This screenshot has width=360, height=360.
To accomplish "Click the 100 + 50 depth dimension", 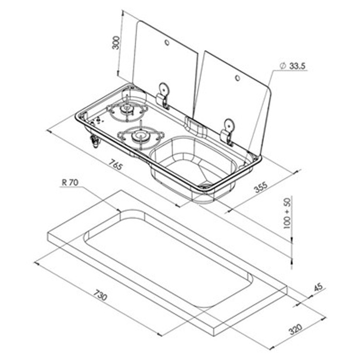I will [x=287, y=213].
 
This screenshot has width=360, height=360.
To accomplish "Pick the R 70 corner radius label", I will [x=69, y=182].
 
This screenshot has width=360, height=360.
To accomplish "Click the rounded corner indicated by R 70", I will [x=121, y=211].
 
